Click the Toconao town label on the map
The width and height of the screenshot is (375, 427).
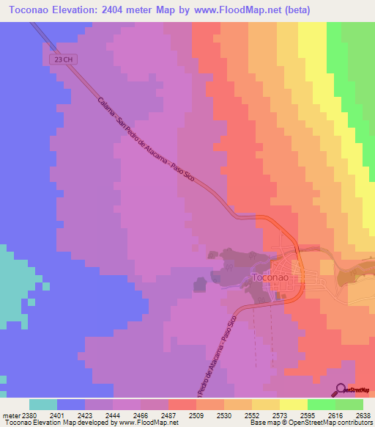[x=273, y=278]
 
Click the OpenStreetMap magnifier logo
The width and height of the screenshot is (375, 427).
[x=341, y=389]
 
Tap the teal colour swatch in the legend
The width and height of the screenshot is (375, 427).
[x=43, y=404]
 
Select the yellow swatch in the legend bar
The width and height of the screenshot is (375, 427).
[x=294, y=404]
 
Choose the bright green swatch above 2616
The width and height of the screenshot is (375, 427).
[x=322, y=404]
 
